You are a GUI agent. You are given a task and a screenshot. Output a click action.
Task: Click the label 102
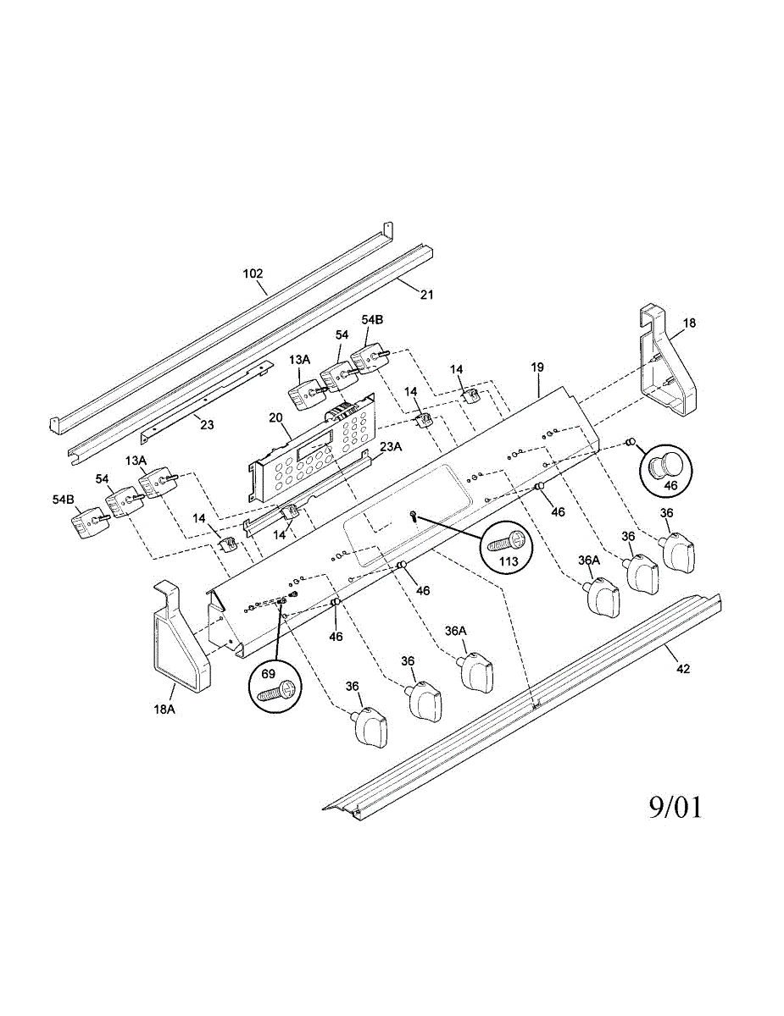[x=253, y=273]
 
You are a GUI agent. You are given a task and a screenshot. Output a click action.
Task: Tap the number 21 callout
[x=426, y=295]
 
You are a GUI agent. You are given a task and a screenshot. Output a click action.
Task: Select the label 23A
[x=391, y=447]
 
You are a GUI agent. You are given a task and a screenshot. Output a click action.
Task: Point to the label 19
[x=537, y=367]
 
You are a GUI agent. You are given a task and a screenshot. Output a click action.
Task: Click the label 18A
[x=164, y=710]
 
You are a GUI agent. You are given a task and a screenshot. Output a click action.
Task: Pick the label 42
[x=683, y=669]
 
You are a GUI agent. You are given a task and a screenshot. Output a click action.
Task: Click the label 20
[x=275, y=417]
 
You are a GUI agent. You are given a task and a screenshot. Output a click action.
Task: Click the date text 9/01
[x=676, y=808]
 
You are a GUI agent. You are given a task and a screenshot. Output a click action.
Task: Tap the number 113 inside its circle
[x=509, y=560]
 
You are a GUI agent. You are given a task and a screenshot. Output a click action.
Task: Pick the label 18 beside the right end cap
[x=689, y=323]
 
